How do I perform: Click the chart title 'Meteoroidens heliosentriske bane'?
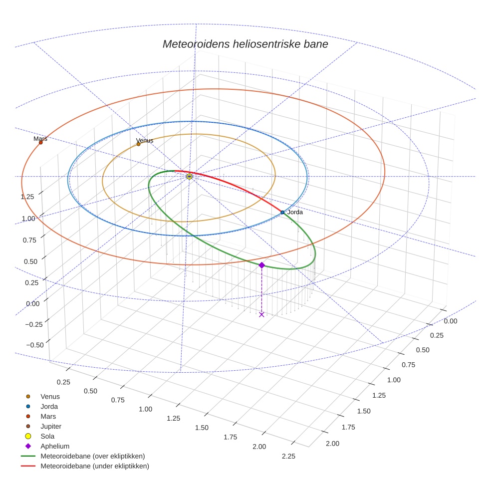pos(245,44)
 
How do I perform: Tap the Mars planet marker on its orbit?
pos(41,143)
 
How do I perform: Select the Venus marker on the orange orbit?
pos(139,144)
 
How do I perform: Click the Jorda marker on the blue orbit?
pos(282,213)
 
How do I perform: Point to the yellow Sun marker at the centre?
pos(189,176)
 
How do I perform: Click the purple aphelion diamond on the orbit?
pos(261,265)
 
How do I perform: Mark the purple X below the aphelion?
pos(261,314)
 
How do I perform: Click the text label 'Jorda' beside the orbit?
pos(295,212)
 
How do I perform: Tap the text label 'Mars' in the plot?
pos(40,138)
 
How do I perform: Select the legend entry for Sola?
pos(48,436)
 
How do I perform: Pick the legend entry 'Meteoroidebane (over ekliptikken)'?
pos(92,456)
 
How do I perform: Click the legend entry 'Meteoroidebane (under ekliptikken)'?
pos(94,466)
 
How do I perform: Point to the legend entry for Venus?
pos(50,397)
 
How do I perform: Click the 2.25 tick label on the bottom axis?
pos(288,456)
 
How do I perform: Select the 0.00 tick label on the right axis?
pos(450,321)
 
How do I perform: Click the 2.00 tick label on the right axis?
pos(332,444)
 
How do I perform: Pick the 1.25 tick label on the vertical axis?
pos(27,197)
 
